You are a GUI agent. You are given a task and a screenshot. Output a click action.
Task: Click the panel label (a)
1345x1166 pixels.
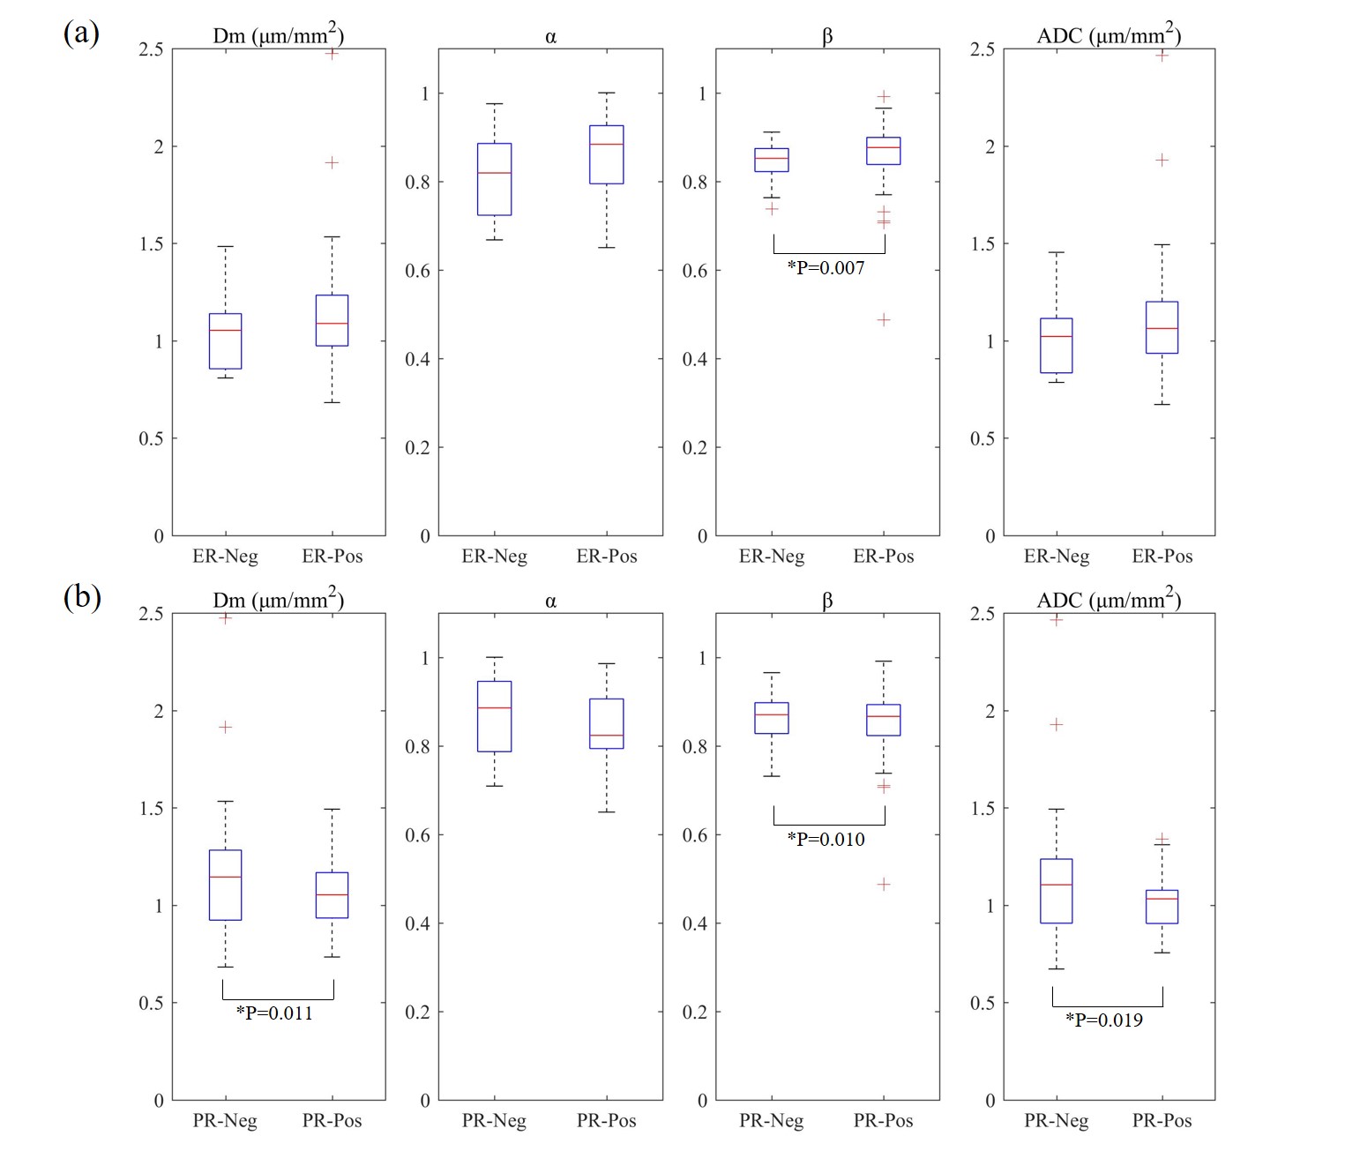(x=81, y=34)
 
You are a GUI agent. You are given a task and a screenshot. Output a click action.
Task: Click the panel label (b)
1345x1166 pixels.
(x=82, y=597)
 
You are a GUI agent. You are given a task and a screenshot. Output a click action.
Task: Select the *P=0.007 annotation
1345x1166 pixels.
(x=826, y=268)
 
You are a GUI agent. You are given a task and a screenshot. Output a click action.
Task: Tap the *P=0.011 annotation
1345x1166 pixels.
(x=274, y=1013)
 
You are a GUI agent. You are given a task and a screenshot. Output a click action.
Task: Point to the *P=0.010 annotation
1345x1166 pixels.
(x=826, y=840)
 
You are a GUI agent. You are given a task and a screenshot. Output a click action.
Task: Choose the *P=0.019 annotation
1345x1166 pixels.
(x=1104, y=1020)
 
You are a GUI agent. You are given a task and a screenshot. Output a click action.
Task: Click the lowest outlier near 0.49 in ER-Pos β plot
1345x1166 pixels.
(x=884, y=319)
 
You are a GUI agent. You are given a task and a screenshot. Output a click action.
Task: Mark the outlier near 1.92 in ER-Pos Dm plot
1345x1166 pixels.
(x=332, y=162)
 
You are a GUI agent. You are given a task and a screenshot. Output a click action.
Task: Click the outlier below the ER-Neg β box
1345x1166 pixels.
(x=772, y=209)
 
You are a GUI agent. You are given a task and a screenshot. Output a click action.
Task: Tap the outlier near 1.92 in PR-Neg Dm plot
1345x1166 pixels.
(x=225, y=727)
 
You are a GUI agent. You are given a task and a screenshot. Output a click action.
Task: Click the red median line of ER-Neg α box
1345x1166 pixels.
(x=494, y=173)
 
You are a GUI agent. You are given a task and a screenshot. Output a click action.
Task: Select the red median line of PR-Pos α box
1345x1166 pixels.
(x=607, y=736)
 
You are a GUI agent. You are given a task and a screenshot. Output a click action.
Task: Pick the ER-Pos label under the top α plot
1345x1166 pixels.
(x=607, y=557)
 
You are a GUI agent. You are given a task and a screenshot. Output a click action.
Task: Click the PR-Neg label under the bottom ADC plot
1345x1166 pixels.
(x=1056, y=1121)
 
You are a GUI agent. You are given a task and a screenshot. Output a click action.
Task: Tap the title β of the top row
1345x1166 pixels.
(x=827, y=37)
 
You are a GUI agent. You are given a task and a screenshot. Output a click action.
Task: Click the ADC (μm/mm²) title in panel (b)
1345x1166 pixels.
(x=1109, y=600)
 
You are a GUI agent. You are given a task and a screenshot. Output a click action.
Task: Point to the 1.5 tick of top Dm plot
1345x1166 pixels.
(x=152, y=244)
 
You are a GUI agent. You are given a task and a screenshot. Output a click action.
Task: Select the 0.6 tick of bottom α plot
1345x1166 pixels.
(x=417, y=835)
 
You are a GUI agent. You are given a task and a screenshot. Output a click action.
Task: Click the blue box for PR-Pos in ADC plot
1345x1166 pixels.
(x=1162, y=907)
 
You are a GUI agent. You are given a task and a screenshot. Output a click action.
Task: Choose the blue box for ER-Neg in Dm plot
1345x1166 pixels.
(x=225, y=341)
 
